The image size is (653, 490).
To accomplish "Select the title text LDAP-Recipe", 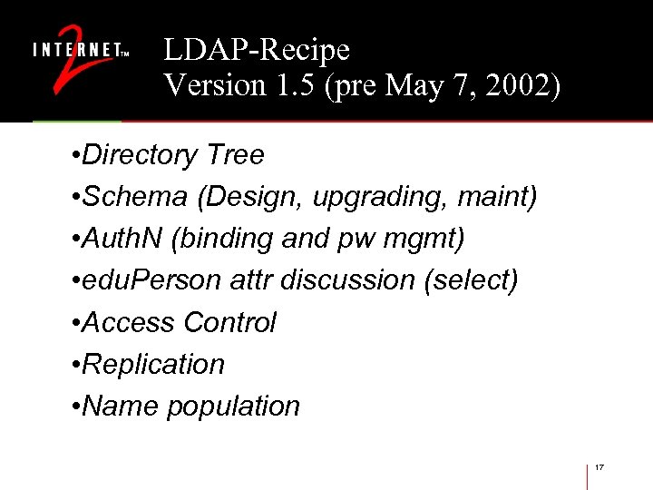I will pyautogui.click(x=257, y=49).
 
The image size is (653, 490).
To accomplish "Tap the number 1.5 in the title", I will pyautogui.click(x=300, y=85).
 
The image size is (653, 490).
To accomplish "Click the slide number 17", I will pyautogui.click(x=599, y=466).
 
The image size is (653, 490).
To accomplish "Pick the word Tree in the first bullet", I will pyautogui.click(x=235, y=155).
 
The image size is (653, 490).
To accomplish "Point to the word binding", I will pyautogui.click(x=225, y=239).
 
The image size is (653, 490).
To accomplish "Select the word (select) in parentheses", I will pyautogui.click(x=471, y=280).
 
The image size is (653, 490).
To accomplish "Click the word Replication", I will pyautogui.click(x=153, y=364).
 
